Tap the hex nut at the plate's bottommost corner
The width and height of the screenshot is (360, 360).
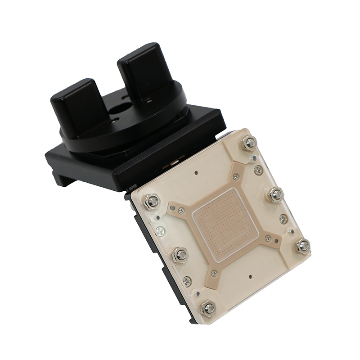(x=208, y=308)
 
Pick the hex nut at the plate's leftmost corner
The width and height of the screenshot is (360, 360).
(x=153, y=201)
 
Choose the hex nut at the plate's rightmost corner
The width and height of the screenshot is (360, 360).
(x=303, y=246)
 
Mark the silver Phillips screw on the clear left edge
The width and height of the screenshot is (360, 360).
(x=159, y=231)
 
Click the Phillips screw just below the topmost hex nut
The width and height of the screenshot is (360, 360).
(x=258, y=170)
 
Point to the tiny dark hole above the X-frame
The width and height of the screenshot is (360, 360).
(x=197, y=172)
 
